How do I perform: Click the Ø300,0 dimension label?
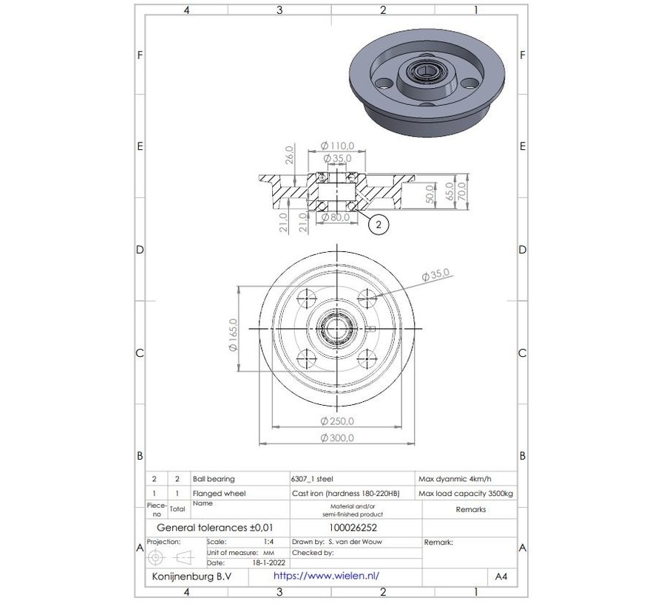[x=337, y=438]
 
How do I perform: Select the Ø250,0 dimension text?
[x=337, y=421]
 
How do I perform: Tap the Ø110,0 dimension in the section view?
[x=337, y=146]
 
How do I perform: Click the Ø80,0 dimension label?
[x=337, y=217]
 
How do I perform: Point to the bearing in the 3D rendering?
[x=427, y=73]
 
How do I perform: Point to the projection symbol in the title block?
[x=172, y=556]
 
